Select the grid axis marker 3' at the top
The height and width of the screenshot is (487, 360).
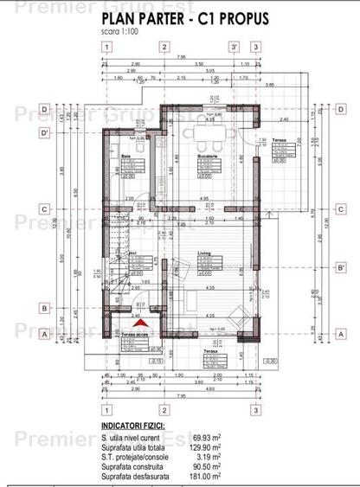(x=233, y=47)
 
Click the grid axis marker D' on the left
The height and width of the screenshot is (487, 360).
(x=42, y=131)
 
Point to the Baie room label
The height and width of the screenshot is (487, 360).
(x=126, y=156)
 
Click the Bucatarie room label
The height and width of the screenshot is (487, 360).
(x=207, y=156)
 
